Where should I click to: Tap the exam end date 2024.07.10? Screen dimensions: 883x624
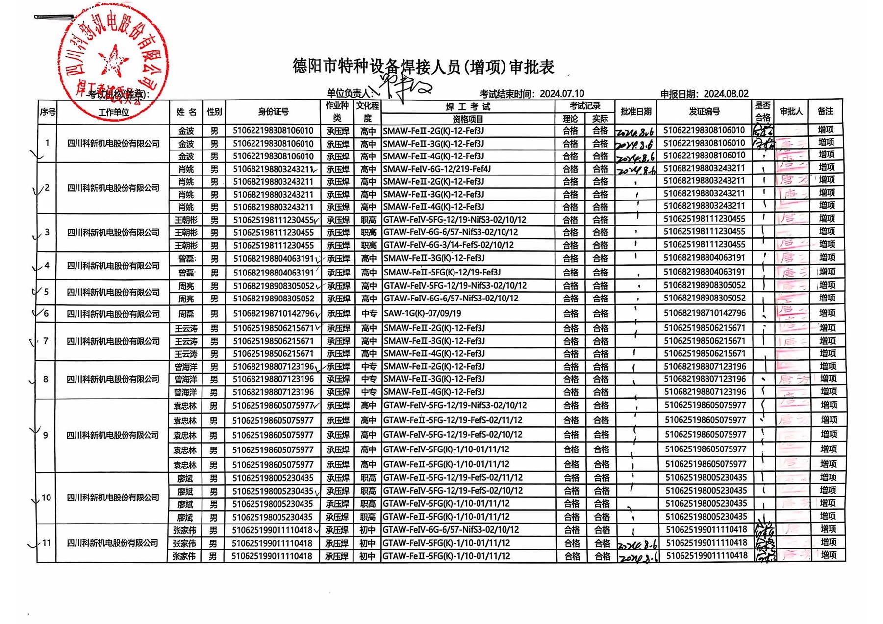coord(562,94)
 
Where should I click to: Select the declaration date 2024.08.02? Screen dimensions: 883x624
coord(726,94)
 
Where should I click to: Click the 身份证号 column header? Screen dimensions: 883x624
coord(273,112)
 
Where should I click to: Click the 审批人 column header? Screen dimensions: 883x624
coord(791,112)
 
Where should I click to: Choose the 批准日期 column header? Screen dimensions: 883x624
coord(635,112)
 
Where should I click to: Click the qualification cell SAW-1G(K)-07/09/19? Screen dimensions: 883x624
coord(422,313)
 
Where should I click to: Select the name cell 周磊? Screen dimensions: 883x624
coord(186,314)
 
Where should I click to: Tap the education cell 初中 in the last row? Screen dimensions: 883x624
coord(367,556)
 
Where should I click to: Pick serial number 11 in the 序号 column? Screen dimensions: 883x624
coord(47,543)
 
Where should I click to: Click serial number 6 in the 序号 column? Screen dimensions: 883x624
coord(46,314)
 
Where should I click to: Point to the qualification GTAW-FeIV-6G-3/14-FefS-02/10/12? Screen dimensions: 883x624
coord(448,245)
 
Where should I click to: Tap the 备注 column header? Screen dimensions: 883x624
coord(826,112)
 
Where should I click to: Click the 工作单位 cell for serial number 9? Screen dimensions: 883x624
coord(113,435)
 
